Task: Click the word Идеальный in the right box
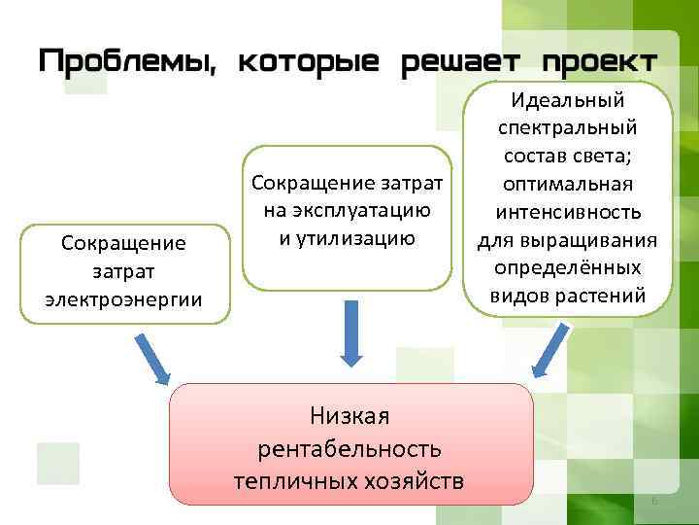pos(568,100)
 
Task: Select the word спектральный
pos(568,128)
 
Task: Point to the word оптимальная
pos(568,185)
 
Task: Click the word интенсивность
pos(568,212)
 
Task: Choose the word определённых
pos(568,267)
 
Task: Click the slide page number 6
pos(654,500)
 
